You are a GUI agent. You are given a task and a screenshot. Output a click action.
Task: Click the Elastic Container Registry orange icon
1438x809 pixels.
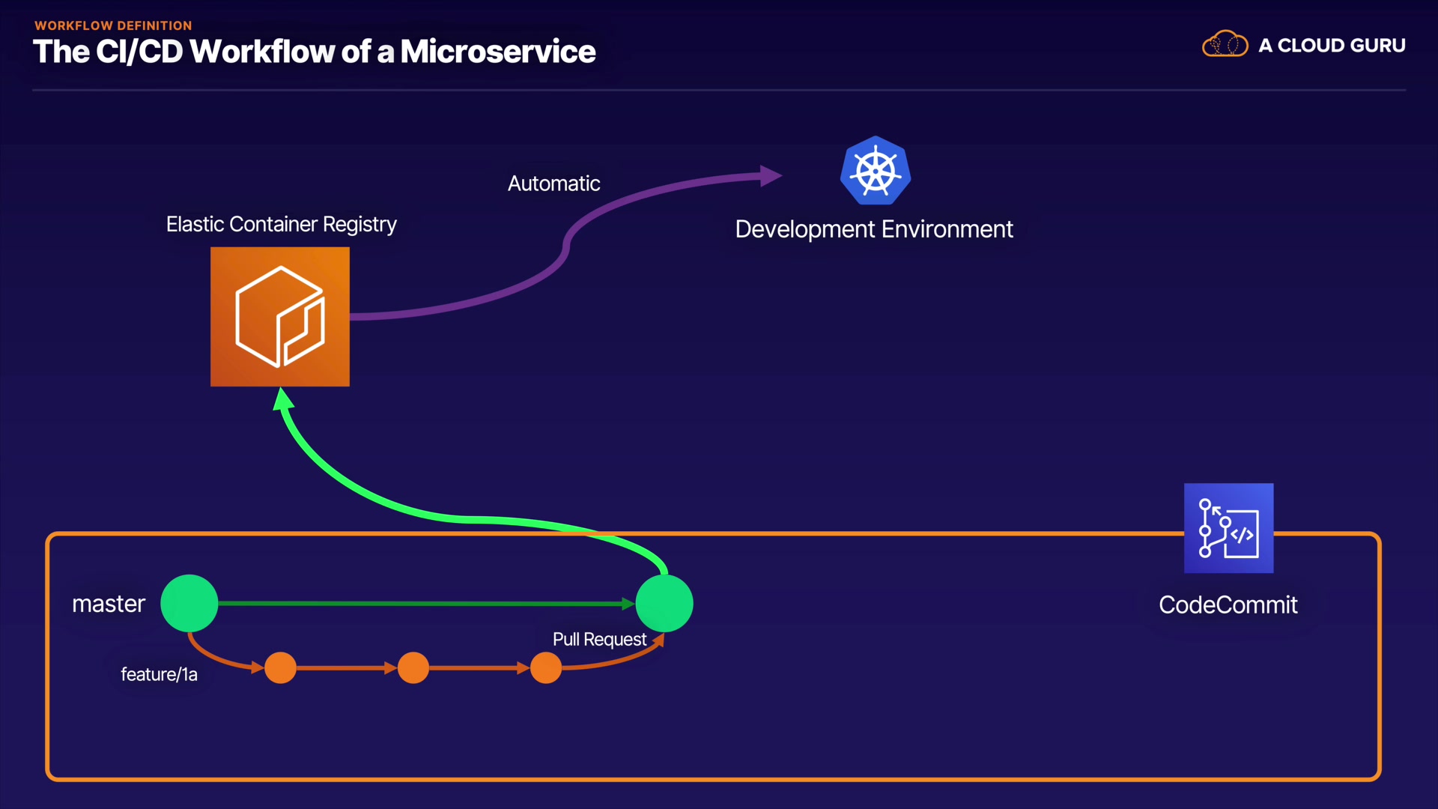click(280, 317)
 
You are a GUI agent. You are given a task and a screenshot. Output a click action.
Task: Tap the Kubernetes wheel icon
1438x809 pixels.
click(876, 171)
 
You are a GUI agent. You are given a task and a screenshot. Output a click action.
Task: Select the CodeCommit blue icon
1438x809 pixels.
click(1228, 528)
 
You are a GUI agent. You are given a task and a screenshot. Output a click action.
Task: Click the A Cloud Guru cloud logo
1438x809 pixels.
click(1225, 44)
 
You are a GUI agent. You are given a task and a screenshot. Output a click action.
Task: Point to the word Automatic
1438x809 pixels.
click(554, 184)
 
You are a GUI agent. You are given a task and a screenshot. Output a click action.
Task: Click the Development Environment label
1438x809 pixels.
click(874, 229)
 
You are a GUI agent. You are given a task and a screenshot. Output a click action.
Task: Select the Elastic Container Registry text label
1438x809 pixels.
click(282, 225)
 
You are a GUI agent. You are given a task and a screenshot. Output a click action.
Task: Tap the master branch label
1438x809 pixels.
click(109, 604)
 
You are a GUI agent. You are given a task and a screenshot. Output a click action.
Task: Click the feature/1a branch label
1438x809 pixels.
click(160, 674)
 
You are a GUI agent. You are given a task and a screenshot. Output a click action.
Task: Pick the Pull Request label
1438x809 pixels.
click(599, 640)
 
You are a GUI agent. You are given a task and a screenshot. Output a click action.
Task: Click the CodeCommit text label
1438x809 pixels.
click(1228, 605)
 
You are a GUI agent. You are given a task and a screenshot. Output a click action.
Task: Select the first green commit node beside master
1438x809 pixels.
click(189, 604)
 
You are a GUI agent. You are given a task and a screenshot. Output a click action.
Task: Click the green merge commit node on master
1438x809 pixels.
click(664, 604)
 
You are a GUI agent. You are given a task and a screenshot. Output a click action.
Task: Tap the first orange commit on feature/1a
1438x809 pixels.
click(281, 667)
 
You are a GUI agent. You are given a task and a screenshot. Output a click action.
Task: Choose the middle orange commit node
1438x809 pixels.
click(413, 667)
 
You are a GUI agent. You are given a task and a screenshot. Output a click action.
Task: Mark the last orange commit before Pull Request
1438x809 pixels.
click(546, 667)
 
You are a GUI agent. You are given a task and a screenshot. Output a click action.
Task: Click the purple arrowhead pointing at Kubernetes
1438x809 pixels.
click(771, 176)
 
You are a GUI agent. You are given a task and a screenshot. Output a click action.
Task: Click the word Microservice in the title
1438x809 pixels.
click(498, 52)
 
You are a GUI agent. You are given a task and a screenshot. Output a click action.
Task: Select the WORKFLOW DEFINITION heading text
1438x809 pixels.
click(113, 25)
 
